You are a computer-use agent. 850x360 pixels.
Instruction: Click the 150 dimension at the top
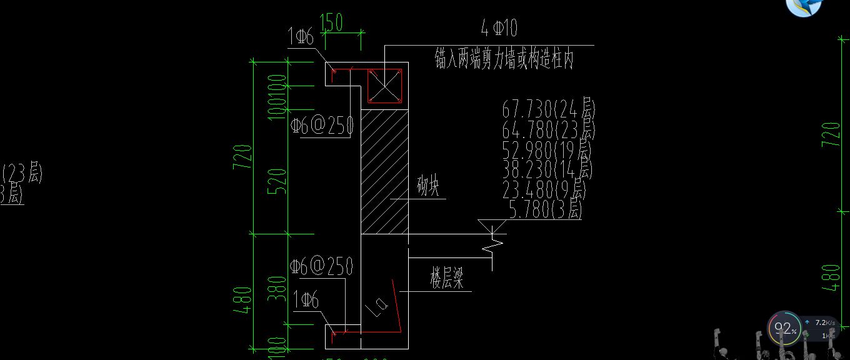click(x=331, y=22)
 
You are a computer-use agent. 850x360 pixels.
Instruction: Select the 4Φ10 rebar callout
click(x=499, y=28)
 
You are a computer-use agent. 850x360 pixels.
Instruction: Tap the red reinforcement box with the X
click(x=384, y=86)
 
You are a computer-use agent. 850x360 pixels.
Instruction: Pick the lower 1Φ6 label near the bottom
click(x=306, y=301)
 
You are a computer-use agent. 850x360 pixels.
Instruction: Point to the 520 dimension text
click(x=279, y=181)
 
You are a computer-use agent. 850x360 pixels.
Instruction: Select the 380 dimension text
click(x=279, y=288)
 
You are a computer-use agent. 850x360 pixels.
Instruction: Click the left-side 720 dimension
click(x=244, y=157)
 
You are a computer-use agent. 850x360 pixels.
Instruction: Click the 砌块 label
click(x=427, y=187)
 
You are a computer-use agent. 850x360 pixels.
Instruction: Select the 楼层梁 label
click(x=447, y=279)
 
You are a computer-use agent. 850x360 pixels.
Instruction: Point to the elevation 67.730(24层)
click(x=548, y=109)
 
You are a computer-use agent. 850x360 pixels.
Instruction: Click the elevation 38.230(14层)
click(x=547, y=169)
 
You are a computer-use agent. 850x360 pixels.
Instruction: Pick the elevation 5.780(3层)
click(x=546, y=209)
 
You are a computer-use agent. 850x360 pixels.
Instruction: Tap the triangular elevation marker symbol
click(x=492, y=227)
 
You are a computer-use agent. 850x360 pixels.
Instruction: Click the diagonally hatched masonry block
click(x=384, y=172)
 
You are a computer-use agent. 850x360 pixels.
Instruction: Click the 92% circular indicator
click(x=784, y=328)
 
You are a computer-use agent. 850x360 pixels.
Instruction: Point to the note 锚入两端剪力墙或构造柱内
click(x=504, y=60)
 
